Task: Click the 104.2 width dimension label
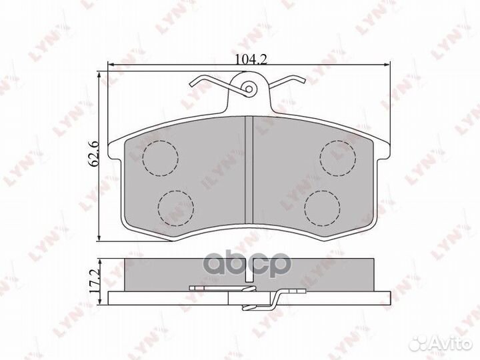251,59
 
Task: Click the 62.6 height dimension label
93,154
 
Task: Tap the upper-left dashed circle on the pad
161,158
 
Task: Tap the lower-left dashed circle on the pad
176,208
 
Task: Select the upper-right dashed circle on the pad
338,158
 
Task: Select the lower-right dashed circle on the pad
322,208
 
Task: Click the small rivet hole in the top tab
249,89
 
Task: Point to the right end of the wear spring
304,81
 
